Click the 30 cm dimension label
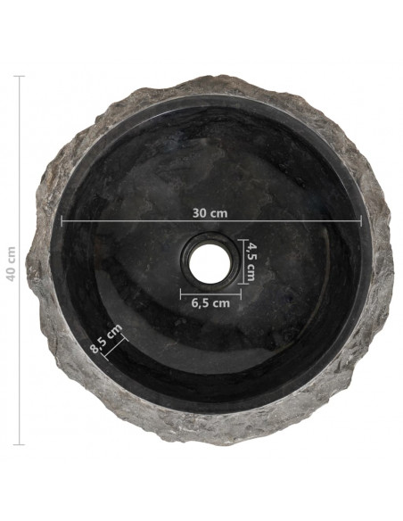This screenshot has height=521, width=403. coord(210,213)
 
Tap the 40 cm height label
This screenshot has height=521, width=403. coord(11,264)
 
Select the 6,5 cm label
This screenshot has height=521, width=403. coord(210,303)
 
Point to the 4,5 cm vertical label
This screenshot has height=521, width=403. coord(251,261)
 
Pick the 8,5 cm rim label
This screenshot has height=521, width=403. coord(106,339)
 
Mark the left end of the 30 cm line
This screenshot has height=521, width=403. coord(62,220)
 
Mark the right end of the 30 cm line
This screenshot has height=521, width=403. coord(361,220)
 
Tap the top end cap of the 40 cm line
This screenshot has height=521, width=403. coord(20,76)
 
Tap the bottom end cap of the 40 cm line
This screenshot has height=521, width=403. coord(20,444)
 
